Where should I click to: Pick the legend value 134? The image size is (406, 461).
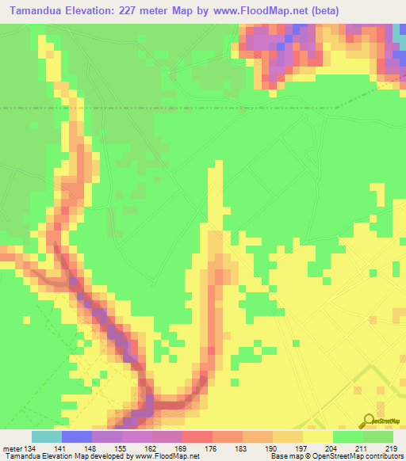(33, 448)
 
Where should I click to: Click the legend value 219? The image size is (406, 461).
(389, 448)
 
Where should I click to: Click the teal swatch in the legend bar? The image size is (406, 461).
(47, 436)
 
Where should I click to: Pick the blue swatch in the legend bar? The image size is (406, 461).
(77, 436)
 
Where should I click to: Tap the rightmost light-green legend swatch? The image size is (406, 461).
(378, 436)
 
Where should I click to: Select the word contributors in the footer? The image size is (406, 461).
(381, 456)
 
